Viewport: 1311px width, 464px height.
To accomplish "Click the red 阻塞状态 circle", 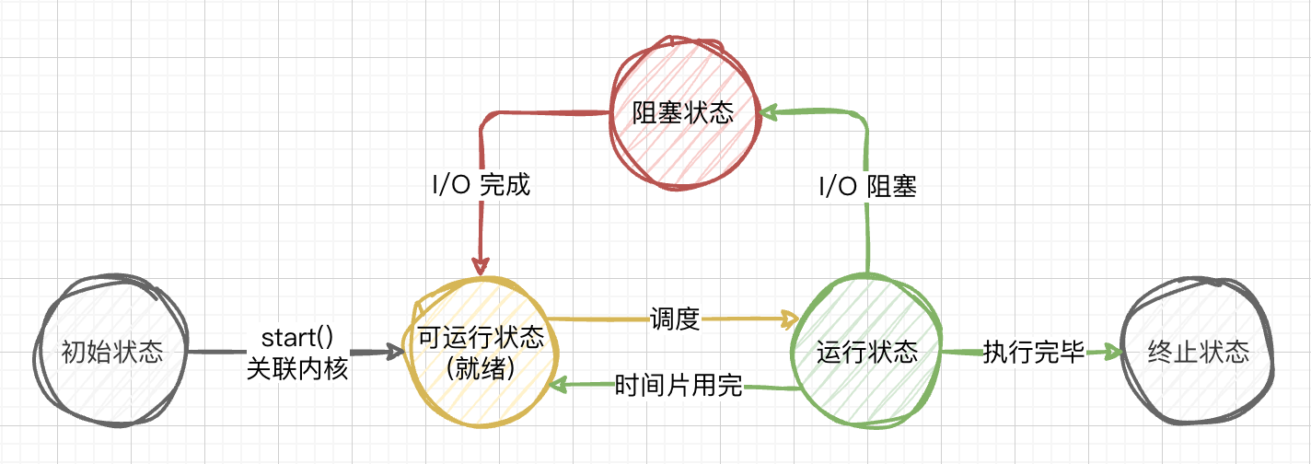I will (x=682, y=113).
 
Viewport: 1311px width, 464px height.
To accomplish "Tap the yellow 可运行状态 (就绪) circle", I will (x=481, y=351).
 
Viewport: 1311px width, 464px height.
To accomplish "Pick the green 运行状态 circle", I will (x=866, y=351).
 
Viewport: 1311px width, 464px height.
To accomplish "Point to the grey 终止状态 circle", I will (x=1200, y=351).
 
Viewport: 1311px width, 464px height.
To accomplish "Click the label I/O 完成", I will (x=481, y=185).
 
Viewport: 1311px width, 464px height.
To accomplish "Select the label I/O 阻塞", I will (x=867, y=185).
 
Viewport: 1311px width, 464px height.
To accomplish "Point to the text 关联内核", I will (x=297, y=368).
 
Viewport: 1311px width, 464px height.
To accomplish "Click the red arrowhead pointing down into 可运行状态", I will (x=481, y=266).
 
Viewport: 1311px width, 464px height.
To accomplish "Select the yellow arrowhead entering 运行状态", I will (x=790, y=319).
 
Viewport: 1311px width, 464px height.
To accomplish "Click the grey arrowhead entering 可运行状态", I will (x=396, y=352).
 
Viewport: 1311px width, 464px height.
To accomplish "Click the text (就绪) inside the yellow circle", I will (x=481, y=367).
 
